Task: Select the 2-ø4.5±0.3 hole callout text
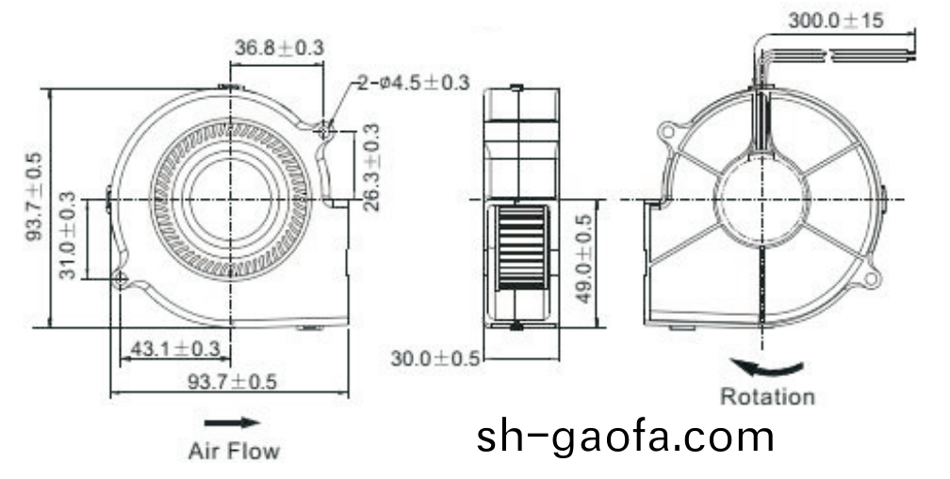(413, 84)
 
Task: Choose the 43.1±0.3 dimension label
(174, 349)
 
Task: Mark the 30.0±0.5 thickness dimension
(435, 358)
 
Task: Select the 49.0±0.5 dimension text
(583, 258)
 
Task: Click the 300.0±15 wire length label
(837, 21)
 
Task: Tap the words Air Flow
(234, 451)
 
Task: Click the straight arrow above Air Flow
(231, 422)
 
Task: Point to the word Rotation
(767, 397)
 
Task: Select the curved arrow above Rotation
(769, 366)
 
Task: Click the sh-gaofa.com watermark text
(625, 438)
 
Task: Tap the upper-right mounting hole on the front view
(326, 129)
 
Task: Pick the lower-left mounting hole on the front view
(121, 278)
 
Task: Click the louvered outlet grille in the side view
(520, 247)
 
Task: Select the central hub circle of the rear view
(761, 199)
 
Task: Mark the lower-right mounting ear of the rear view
(871, 278)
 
